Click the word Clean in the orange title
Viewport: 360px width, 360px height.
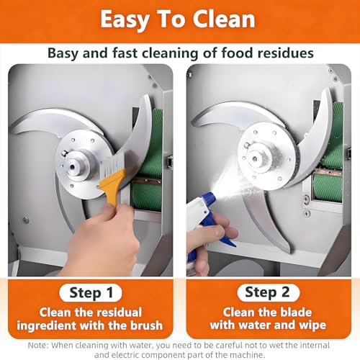(x=224, y=19)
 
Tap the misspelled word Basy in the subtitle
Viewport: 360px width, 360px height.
(x=63, y=53)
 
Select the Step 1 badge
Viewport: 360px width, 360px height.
(x=91, y=292)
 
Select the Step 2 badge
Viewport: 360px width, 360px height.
(x=269, y=292)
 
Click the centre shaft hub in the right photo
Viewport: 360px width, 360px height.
(x=256, y=158)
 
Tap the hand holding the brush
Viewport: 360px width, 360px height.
(x=101, y=240)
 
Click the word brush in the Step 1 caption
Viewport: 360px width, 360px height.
(x=146, y=325)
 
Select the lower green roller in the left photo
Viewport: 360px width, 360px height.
(x=146, y=197)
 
